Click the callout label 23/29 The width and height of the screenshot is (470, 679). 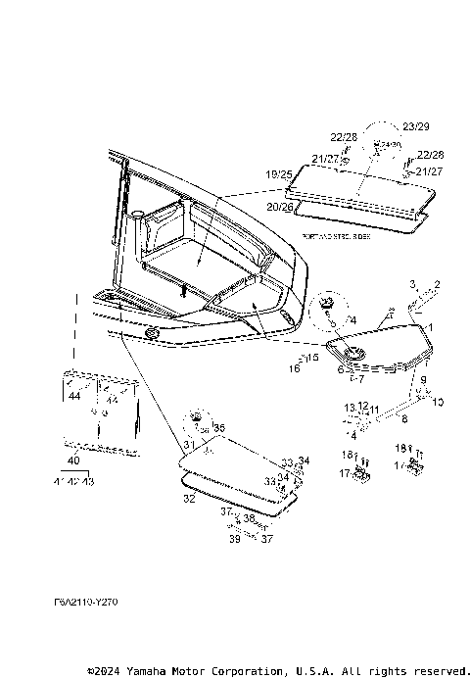[x=415, y=126]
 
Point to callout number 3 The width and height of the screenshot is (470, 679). [x=414, y=283]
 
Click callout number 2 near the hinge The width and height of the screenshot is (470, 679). [x=438, y=283]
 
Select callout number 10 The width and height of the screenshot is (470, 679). [x=438, y=402]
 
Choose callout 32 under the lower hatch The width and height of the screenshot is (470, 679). [x=189, y=499]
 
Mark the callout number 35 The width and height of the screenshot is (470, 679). [x=219, y=427]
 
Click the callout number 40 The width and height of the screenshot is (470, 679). [x=72, y=460]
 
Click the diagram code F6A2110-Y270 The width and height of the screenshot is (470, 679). [x=85, y=602]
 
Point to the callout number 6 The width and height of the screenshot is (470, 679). [x=341, y=370]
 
